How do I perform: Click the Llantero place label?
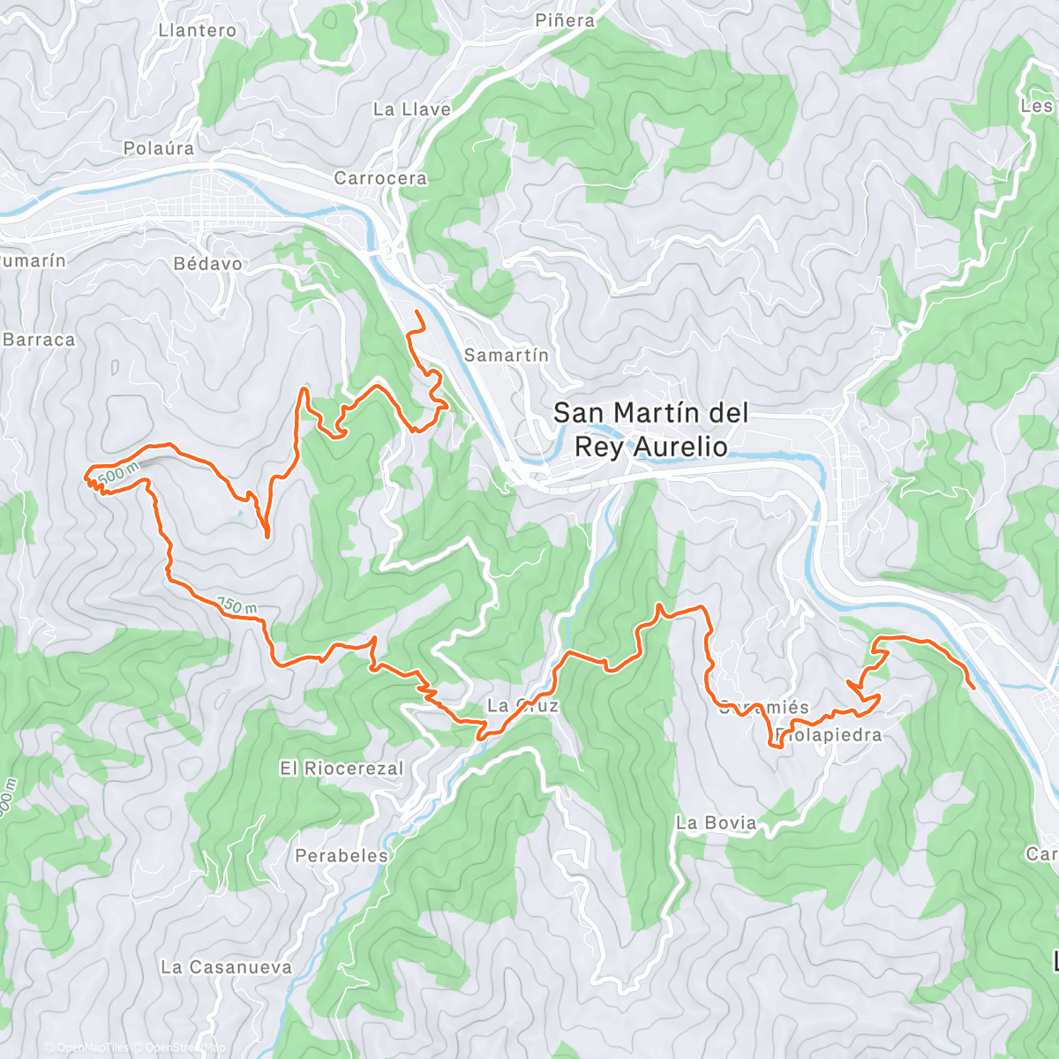click(197, 30)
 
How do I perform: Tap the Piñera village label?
click(565, 20)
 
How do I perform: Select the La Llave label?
click(411, 109)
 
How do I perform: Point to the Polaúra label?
click(158, 148)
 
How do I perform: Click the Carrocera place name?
click(380, 178)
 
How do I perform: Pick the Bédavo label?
click(207, 264)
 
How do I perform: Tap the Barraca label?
click(39, 340)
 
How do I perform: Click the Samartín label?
click(506, 356)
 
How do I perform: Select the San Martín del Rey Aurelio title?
click(650, 429)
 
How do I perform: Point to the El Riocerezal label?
click(342, 769)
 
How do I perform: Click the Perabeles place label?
click(341, 856)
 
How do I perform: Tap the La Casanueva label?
click(226, 967)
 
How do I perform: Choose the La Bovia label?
click(716, 822)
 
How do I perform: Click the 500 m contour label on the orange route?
click(118, 474)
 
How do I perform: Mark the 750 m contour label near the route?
click(237, 606)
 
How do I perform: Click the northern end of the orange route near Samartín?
click(416, 312)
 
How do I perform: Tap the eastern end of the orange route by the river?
click(973, 687)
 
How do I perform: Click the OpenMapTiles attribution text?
click(86, 1048)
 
